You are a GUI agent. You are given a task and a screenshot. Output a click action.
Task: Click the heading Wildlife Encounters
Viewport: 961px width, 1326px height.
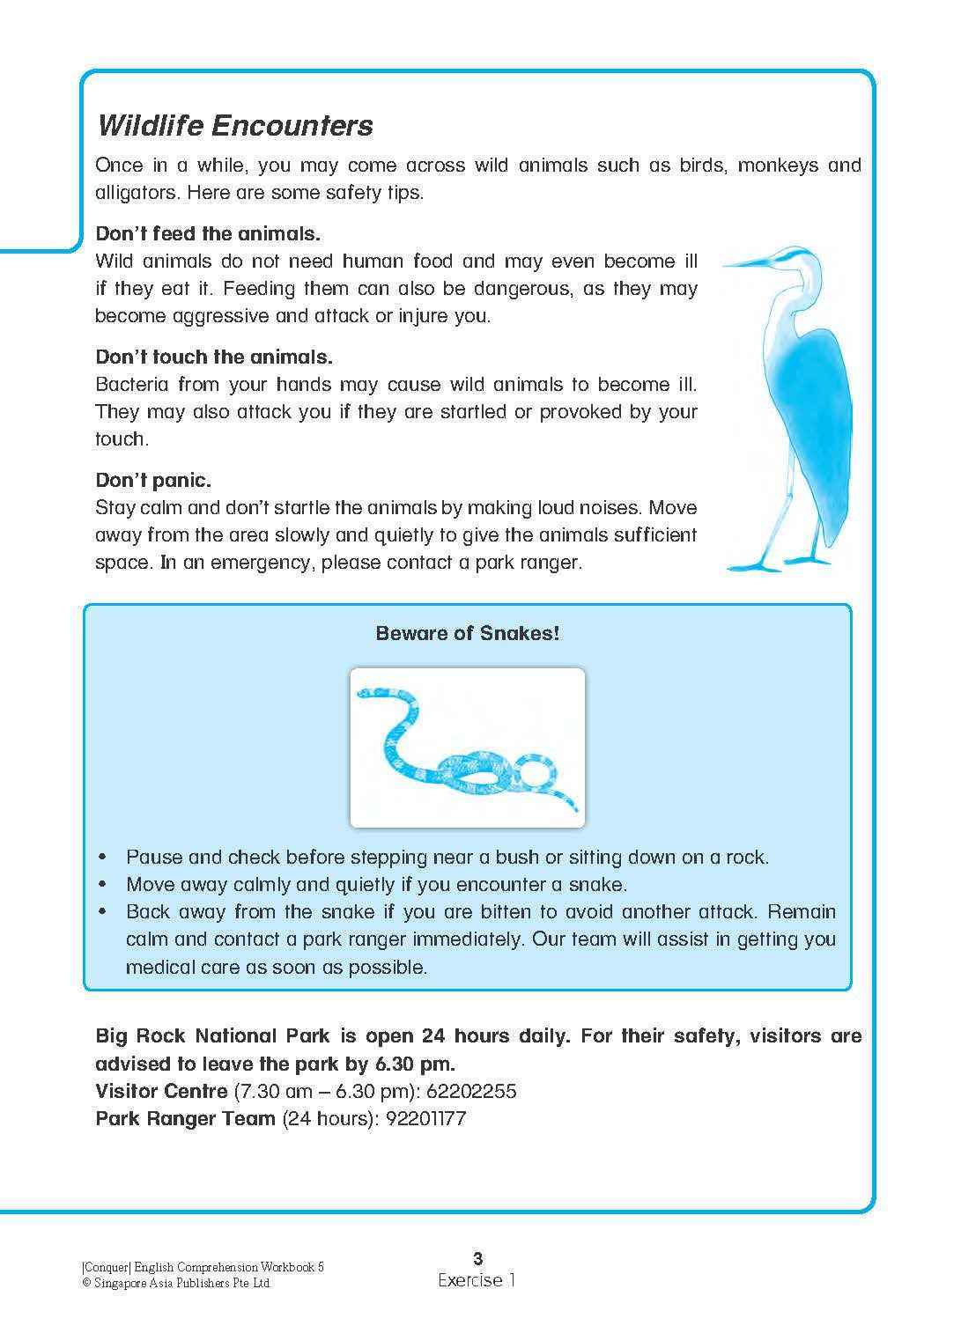234,125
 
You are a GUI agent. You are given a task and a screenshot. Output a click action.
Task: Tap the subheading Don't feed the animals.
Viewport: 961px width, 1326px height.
208,234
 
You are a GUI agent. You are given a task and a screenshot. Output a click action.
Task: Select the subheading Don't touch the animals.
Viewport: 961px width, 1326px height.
213,357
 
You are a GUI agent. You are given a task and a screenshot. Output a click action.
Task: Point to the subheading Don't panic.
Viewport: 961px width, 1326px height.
153,481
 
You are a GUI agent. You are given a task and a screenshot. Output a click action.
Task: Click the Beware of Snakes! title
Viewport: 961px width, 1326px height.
467,633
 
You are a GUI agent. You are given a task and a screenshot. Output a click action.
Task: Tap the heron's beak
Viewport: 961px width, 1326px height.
749,262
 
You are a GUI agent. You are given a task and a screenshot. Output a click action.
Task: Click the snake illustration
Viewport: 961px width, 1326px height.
467,748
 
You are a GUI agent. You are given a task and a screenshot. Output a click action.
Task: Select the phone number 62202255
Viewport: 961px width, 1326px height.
471,1092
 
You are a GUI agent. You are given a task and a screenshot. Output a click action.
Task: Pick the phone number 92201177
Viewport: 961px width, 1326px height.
425,1119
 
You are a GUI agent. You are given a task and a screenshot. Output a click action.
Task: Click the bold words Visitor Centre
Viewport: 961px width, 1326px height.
161,1092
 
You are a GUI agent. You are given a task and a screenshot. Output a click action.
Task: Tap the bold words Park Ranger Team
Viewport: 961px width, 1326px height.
185,1119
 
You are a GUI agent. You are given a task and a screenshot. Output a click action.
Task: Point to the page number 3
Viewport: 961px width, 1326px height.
477,1258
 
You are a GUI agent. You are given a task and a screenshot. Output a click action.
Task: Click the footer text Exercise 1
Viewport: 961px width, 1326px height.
477,1281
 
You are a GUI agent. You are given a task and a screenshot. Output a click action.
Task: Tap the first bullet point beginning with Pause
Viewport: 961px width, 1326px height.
447,858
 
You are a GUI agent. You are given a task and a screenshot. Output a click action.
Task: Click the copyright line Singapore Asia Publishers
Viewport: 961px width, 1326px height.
176,1284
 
